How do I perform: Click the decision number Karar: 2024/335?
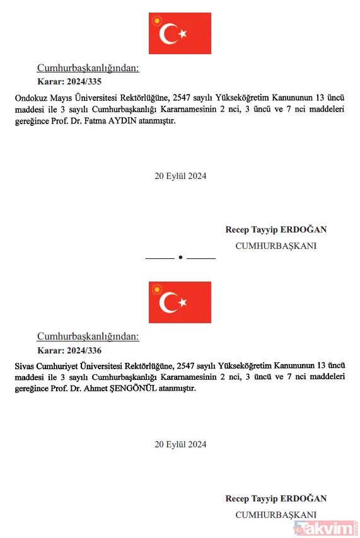click(x=69, y=82)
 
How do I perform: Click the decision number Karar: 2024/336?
click(x=69, y=351)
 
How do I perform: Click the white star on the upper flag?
click(x=182, y=33)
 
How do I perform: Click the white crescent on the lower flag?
click(x=168, y=303)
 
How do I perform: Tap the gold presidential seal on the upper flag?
click(x=156, y=21)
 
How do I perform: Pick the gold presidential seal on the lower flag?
click(x=156, y=290)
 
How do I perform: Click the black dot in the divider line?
click(x=180, y=258)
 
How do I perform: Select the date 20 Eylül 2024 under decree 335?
click(x=180, y=176)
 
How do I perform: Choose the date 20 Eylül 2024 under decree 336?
click(x=180, y=445)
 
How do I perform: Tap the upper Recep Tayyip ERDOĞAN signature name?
click(x=276, y=230)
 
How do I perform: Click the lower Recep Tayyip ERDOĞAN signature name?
click(x=276, y=499)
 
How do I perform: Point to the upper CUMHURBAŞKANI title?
click(x=276, y=246)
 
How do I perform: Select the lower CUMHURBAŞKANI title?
click(x=276, y=515)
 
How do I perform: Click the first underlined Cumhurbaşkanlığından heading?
click(x=88, y=68)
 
